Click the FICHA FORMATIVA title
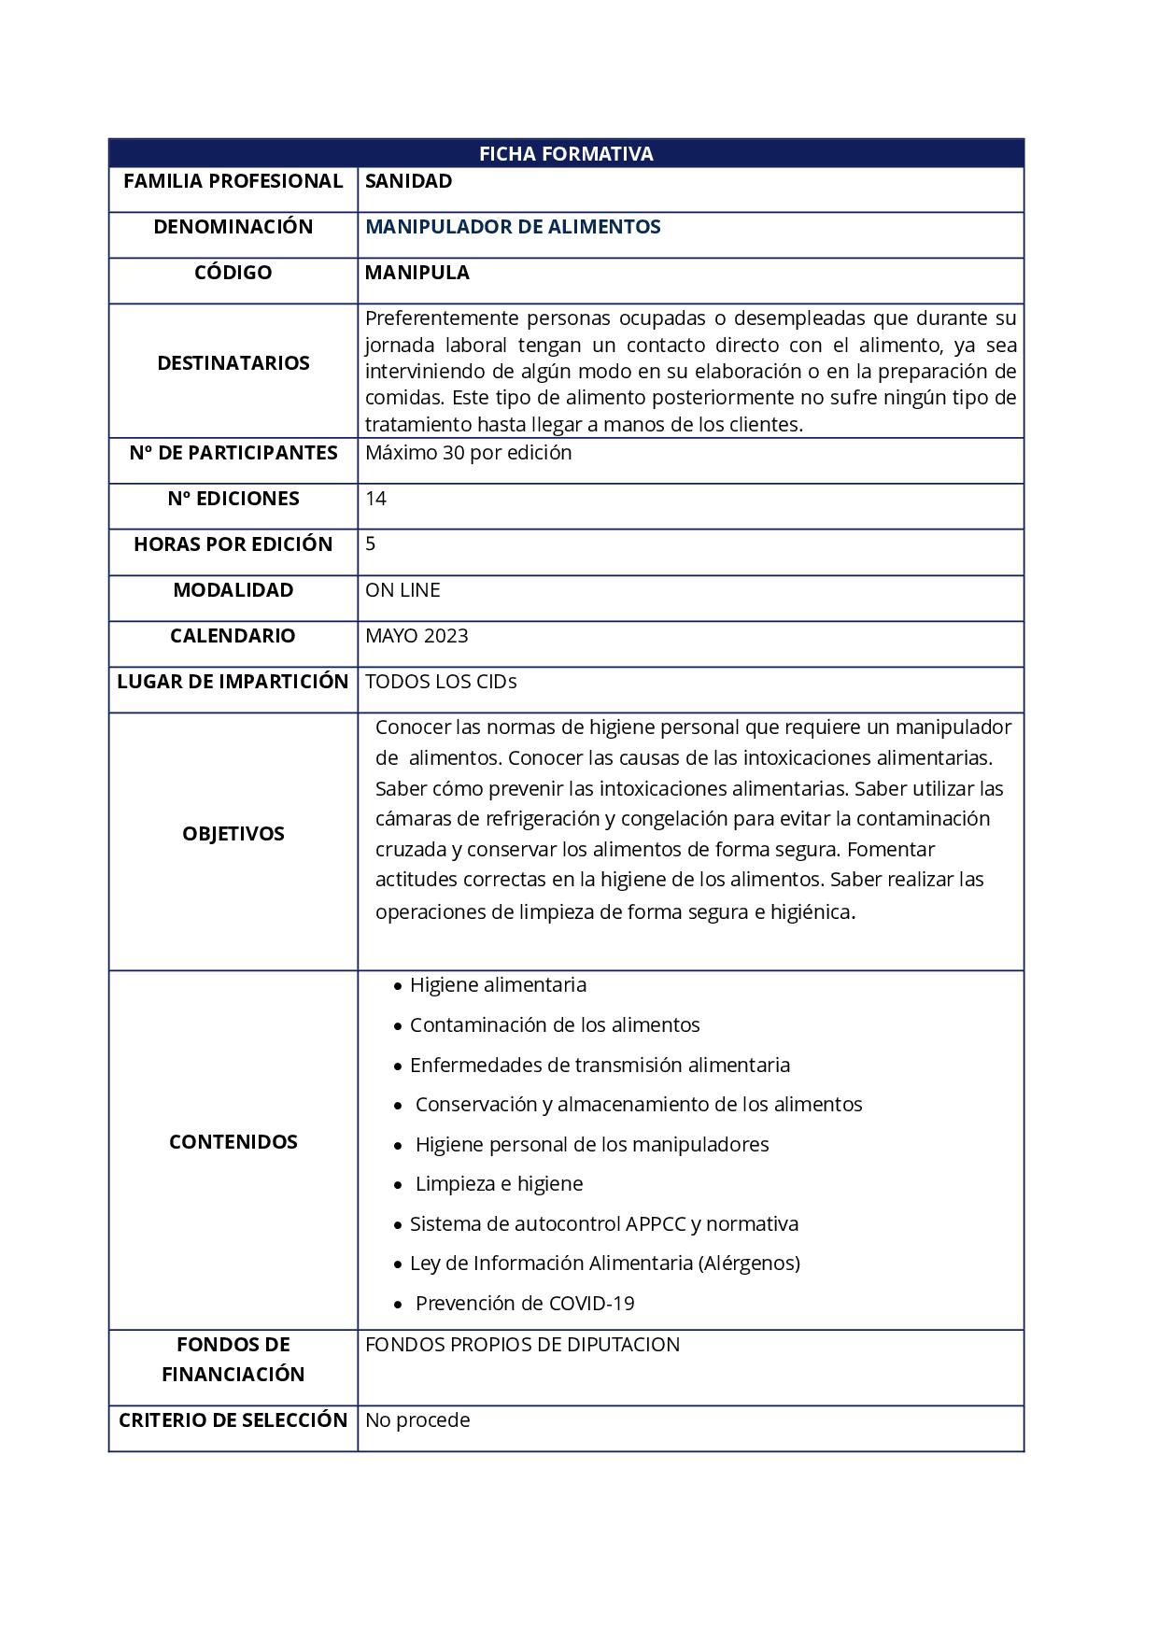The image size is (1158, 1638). tap(566, 154)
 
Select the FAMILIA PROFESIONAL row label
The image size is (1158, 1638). tap(233, 181)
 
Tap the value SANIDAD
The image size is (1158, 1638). tap(408, 181)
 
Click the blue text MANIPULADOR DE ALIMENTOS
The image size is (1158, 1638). tap(513, 227)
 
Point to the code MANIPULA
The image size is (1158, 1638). tap(417, 273)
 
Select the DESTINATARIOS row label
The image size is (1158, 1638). tap(233, 363)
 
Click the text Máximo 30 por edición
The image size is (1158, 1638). tap(468, 453)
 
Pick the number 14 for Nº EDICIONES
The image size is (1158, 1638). tap(375, 499)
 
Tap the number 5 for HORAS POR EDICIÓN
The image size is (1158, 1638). tap(371, 544)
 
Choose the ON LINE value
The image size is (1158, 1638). tap(402, 590)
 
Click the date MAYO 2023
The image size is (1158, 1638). tap(417, 636)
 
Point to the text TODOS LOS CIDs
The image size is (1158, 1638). tap(441, 682)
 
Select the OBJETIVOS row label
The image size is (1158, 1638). tap(233, 834)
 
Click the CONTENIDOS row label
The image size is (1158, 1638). tap(233, 1142)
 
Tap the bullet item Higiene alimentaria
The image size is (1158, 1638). tap(498, 985)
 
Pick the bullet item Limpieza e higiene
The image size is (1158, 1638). tap(499, 1184)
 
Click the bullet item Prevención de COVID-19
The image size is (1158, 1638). tap(525, 1304)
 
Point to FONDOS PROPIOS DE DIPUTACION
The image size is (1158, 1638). tap(522, 1345)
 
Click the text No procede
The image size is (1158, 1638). tap(417, 1420)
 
